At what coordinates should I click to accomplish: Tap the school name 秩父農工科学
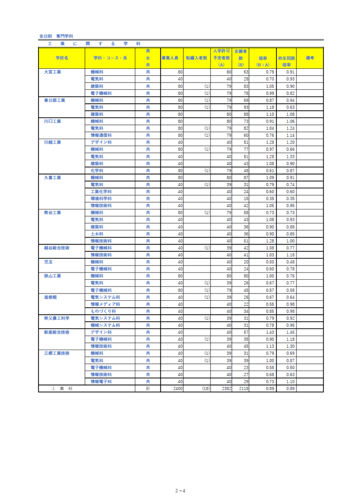point(57,318)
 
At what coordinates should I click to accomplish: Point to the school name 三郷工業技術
point(57,353)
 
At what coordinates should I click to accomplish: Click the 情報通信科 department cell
point(101,135)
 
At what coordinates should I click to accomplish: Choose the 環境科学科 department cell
point(101,198)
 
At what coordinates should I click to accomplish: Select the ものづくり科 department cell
point(103,311)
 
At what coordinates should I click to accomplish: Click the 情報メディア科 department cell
point(105,304)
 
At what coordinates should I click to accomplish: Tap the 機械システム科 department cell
point(105,325)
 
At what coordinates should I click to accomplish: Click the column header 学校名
point(62,58)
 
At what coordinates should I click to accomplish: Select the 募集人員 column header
point(170,58)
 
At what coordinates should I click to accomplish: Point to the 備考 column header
point(310,58)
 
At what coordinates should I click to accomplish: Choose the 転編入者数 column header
point(196,58)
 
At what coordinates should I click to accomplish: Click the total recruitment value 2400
point(177,389)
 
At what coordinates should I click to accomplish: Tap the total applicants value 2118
point(243,389)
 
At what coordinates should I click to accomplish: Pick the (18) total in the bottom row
point(205,389)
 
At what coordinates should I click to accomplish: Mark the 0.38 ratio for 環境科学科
point(270,198)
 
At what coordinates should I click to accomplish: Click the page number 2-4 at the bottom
point(180,489)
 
